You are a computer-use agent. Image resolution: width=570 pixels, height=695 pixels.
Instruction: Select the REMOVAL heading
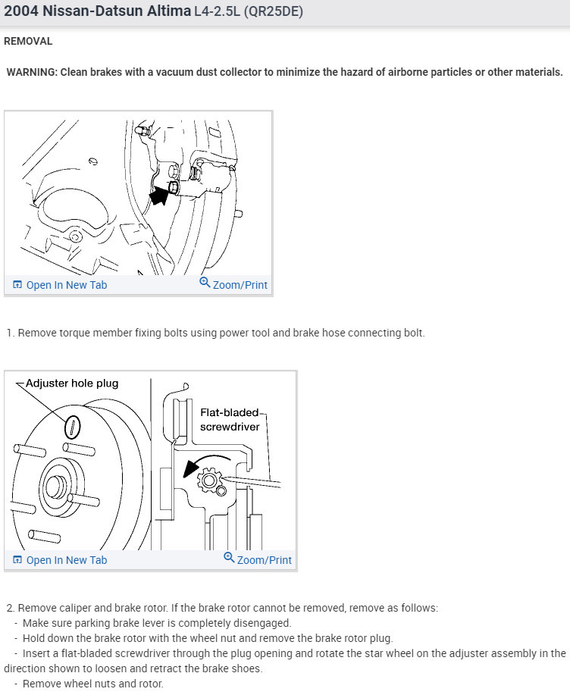[28, 41]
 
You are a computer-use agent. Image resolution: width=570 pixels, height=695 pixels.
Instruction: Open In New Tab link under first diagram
[67, 285]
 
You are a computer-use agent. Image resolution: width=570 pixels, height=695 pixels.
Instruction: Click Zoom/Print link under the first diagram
[240, 285]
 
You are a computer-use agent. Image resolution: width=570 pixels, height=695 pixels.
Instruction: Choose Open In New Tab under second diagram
[67, 560]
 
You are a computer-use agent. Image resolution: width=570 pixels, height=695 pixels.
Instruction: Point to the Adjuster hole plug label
[72, 384]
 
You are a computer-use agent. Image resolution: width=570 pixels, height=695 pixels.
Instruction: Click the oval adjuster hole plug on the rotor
[71, 427]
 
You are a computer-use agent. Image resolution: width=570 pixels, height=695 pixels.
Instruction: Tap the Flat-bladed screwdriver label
[230, 420]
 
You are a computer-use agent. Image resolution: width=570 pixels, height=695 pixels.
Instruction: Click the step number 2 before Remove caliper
[10, 608]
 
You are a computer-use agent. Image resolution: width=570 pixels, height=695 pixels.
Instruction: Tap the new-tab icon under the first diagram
[17, 285]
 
